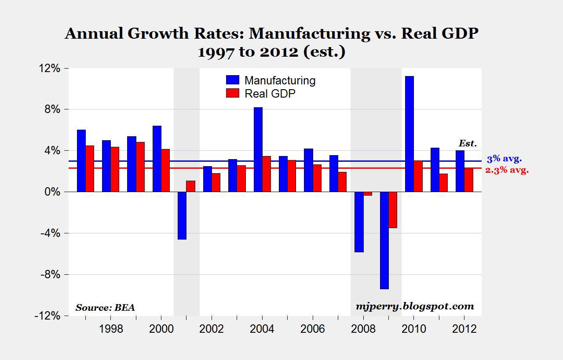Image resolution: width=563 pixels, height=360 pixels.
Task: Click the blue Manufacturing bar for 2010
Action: click(409, 134)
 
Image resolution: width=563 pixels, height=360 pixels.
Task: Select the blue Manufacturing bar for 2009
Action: click(384, 240)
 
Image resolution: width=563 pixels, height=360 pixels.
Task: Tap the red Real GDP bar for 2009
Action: click(393, 210)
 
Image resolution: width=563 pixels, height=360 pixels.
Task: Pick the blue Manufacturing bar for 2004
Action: click(258, 149)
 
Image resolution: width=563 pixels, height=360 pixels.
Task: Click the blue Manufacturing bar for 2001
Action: click(182, 215)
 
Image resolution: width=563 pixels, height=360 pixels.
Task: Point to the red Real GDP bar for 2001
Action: click(190, 186)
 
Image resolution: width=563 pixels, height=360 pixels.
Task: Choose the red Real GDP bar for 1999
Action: click(140, 167)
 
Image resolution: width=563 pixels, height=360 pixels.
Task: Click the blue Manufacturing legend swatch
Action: click(232, 80)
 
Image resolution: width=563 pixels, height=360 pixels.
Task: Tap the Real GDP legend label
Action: click(270, 93)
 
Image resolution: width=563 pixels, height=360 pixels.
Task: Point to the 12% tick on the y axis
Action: click(49, 69)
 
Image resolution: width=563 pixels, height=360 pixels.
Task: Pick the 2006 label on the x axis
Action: click(312, 329)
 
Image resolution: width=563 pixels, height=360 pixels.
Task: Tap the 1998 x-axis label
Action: click(111, 329)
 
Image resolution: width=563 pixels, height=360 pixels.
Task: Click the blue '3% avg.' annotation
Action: click(504, 160)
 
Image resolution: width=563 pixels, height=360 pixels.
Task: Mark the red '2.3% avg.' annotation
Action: click(507, 170)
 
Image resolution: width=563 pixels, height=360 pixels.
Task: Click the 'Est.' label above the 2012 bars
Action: click(468, 143)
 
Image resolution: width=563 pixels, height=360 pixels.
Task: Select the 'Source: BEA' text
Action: click(105, 308)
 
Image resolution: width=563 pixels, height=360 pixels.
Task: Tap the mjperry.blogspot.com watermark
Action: click(415, 306)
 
